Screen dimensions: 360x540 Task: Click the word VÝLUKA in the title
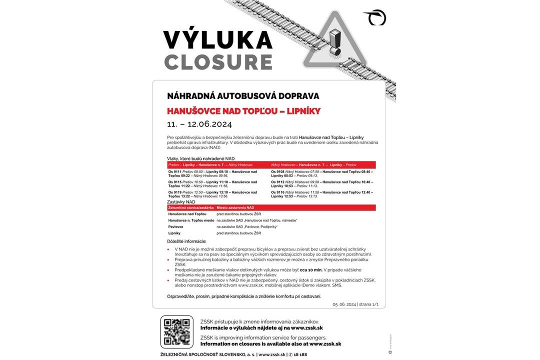(217, 40)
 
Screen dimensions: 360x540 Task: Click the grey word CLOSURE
(218, 62)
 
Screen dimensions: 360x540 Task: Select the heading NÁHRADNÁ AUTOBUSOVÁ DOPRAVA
(243, 96)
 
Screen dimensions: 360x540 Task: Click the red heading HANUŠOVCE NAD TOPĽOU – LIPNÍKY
(243, 111)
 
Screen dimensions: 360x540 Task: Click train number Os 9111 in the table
(174, 171)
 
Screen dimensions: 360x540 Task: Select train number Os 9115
(174, 182)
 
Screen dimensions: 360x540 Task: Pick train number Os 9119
(174, 192)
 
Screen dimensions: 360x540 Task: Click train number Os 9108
(277, 171)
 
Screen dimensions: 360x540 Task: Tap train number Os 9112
(277, 182)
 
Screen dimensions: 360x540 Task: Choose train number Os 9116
(277, 192)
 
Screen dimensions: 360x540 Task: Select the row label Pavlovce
(175, 226)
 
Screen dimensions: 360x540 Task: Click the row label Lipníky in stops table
(174, 233)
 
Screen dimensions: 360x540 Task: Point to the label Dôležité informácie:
(186, 241)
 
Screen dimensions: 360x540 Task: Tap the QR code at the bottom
(176, 332)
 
